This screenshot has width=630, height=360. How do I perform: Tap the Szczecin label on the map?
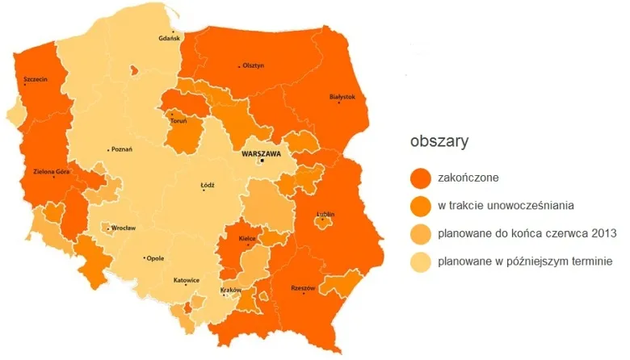(36, 79)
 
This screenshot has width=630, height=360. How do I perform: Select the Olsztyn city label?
(253, 66)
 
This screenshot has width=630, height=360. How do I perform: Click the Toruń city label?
(178, 121)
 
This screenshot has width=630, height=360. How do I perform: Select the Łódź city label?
(208, 185)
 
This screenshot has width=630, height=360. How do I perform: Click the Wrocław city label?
(124, 228)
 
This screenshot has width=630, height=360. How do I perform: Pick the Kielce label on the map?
(249, 239)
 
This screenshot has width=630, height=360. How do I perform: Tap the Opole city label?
(155, 258)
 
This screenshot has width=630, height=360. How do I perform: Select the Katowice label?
(187, 280)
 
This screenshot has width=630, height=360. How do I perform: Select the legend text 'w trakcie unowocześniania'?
(505, 205)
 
